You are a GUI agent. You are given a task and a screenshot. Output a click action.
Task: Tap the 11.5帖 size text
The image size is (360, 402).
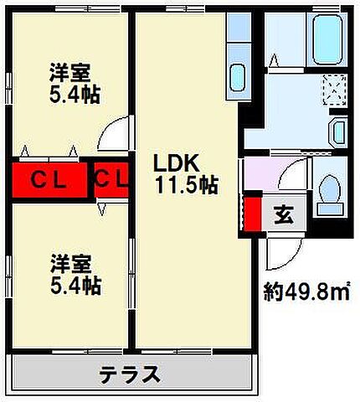[x=185, y=185]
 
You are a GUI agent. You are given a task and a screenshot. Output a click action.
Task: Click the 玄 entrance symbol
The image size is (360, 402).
[x=284, y=214]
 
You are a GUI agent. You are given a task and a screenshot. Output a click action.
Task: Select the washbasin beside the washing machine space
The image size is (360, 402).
[x=339, y=132]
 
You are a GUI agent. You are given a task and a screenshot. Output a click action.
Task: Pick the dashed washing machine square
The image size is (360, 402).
[x=334, y=88]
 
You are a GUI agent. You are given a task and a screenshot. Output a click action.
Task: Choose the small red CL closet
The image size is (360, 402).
[x=111, y=179]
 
